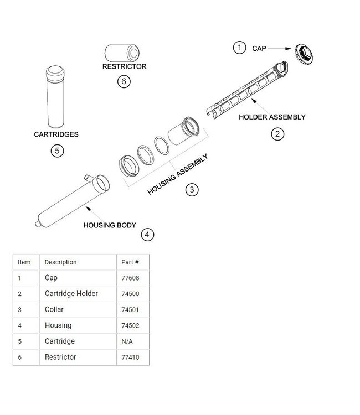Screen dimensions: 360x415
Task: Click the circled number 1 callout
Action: [239, 48]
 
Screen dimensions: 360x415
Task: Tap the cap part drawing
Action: [304, 54]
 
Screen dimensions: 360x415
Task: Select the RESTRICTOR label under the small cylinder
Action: [124, 66]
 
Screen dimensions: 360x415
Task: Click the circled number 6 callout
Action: [124, 81]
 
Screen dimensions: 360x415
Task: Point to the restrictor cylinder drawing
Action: [122, 53]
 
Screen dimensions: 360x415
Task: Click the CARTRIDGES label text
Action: [56, 134]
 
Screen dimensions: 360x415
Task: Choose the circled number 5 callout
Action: [57, 151]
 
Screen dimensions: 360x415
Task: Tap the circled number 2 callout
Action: [277, 134]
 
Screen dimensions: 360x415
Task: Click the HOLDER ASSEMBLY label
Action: [272, 117]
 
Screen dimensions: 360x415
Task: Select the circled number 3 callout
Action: [192, 189]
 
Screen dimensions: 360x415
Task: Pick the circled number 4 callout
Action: [147, 235]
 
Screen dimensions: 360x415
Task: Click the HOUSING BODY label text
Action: [110, 225]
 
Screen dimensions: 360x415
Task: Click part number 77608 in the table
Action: [130, 278]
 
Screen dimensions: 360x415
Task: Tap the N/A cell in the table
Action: [127, 341]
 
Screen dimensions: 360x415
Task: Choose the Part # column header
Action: [130, 262]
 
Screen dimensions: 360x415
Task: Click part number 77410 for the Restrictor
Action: [130, 357]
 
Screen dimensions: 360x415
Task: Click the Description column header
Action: [60, 262]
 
